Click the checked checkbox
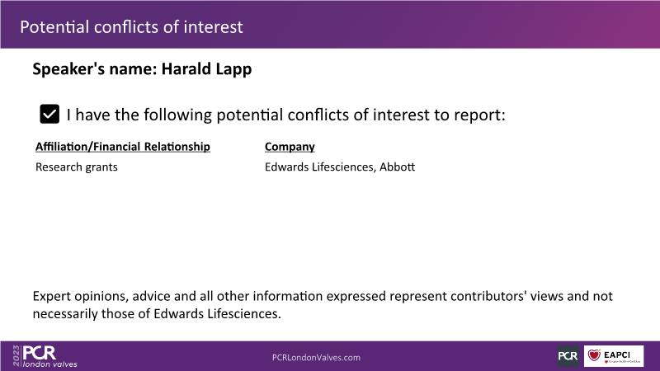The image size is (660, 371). tap(49, 114)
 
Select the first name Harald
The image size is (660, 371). tap(181, 68)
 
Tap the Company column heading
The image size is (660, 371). tap(290, 147)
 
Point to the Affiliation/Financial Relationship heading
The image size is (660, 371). tap(122, 147)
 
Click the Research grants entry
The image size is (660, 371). tap(76, 167)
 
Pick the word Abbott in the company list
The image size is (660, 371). tap(397, 167)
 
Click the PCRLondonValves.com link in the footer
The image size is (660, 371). tap(316, 358)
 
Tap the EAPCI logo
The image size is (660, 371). tap(614, 356)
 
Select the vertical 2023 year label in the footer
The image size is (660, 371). tap(16, 356)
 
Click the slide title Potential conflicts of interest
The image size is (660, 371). tap(131, 27)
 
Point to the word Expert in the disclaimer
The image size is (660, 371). tap(51, 297)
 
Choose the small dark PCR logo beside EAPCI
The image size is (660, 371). tap(568, 356)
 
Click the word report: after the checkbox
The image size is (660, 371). tap(479, 115)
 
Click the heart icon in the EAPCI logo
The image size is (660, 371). tap(594, 355)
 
